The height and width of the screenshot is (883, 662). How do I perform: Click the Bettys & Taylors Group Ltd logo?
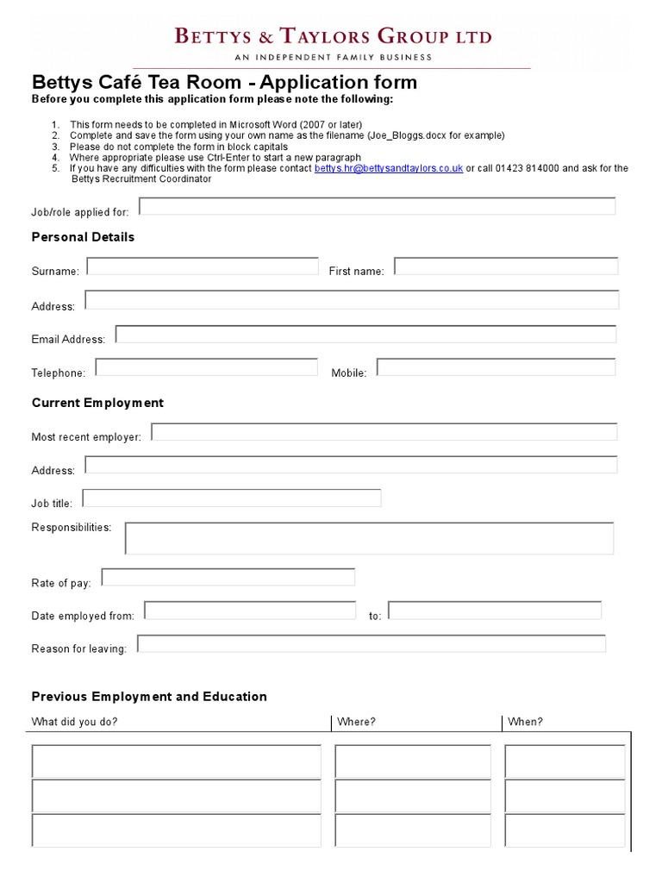(334, 42)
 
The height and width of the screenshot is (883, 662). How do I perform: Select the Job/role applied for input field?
(378, 206)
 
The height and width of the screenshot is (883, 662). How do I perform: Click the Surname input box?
(203, 266)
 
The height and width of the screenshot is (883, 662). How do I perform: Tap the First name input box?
(506, 266)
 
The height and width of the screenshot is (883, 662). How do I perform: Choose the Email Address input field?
(365, 335)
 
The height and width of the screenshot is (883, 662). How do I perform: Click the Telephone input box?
(207, 367)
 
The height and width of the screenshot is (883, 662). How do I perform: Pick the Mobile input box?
(496, 367)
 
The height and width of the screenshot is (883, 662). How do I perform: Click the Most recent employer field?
(384, 432)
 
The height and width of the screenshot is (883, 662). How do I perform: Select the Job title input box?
(232, 498)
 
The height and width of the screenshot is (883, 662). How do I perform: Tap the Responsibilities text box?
(369, 538)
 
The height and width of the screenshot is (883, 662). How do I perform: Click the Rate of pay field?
(228, 577)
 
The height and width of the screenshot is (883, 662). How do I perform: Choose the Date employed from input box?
(250, 611)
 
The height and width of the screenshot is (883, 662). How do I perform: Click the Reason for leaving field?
(372, 644)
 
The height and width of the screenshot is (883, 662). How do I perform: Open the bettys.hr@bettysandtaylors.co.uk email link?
(389, 169)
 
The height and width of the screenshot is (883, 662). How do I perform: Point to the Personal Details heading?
(83, 237)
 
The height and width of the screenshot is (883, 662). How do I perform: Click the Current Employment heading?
(97, 403)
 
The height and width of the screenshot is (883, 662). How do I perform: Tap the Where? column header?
(356, 722)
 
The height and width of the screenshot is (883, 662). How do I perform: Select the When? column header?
(526, 722)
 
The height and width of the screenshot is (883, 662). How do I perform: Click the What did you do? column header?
(75, 722)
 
